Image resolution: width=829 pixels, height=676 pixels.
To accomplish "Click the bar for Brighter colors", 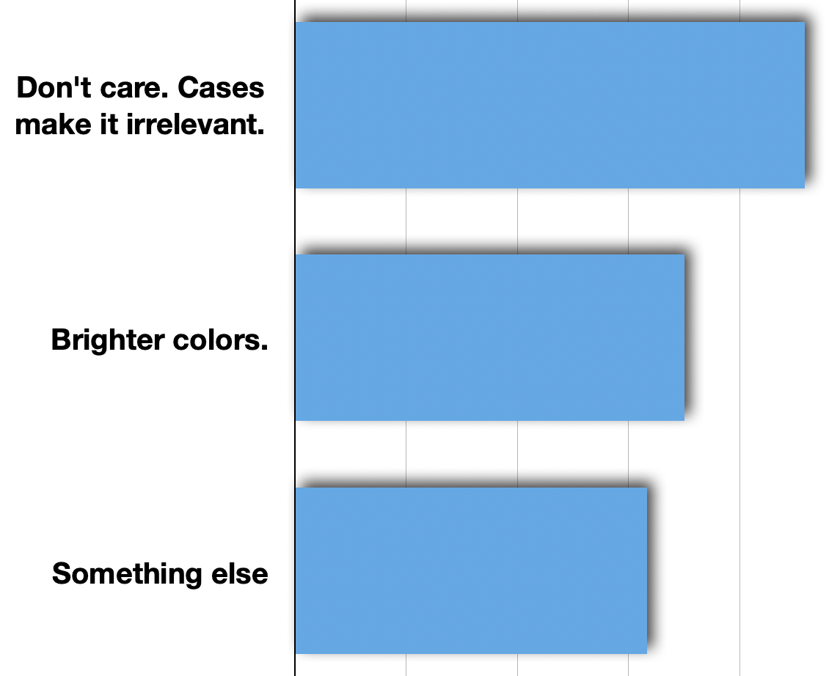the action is coord(489,338).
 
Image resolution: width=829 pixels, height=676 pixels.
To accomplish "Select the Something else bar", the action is coord(471,571).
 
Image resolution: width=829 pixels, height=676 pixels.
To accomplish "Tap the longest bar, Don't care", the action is coord(549,105).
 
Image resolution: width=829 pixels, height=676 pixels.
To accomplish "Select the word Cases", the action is coord(221,88).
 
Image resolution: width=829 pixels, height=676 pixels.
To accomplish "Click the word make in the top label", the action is coord(53,125).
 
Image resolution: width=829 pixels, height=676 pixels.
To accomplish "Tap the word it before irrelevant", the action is coord(109,125).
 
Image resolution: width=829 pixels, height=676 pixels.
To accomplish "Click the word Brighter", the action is coord(108,340).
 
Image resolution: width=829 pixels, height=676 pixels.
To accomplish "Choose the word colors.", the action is coord(221,340).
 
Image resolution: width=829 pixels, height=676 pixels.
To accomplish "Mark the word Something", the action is coord(127,575).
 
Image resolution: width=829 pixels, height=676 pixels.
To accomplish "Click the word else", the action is coord(239,574).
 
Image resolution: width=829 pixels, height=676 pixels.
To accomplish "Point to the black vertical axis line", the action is coord(295,338).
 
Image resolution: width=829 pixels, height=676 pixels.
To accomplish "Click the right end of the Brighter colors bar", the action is coord(684,338).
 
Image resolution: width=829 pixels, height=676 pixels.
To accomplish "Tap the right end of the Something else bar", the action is coord(646,571).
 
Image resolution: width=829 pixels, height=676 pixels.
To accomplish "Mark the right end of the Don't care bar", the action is coord(804,105).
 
